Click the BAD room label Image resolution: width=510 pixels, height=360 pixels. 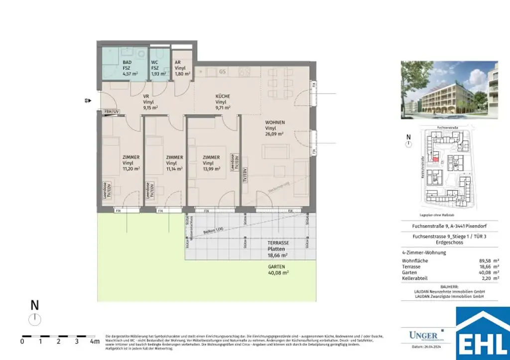click(127, 62)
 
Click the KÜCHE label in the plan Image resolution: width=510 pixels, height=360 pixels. click(223, 96)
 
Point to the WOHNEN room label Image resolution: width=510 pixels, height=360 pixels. click(275, 122)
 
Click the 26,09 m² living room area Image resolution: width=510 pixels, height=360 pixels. click(274, 134)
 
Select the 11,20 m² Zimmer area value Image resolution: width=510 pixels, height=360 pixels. click(131, 169)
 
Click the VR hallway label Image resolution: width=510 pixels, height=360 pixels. click(146, 96)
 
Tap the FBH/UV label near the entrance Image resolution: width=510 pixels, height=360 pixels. click(111, 112)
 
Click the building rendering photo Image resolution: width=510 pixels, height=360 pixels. click(449, 90)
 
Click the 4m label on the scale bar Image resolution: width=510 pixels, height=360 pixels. click(93, 342)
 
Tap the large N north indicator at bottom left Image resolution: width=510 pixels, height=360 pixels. click(35, 305)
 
